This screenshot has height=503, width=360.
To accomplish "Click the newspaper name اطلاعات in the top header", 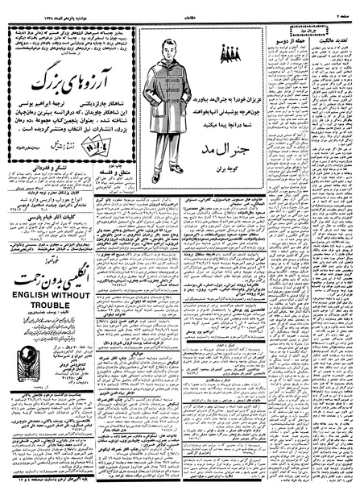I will pos(180,6).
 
